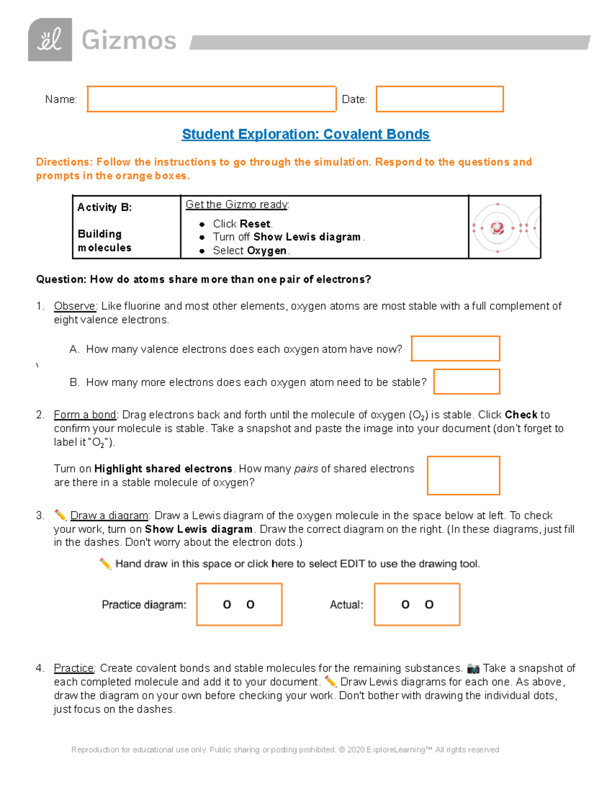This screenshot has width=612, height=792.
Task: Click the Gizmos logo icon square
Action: pos(49,40)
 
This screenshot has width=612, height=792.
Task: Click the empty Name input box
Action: pos(212,99)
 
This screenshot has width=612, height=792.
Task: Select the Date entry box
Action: pos(440,99)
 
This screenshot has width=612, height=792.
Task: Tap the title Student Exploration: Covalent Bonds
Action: pos(305,134)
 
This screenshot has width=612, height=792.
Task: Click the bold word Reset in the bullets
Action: pos(256,224)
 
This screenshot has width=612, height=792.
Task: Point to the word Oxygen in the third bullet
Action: pos(267,251)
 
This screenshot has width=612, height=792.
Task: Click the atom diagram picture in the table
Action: pos(504,227)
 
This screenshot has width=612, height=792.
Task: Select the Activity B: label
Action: pos(105,208)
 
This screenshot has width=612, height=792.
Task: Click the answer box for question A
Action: pos(455,349)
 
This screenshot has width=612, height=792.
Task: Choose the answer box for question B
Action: pos(467,382)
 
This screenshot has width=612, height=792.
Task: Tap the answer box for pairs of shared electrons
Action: pos(464,475)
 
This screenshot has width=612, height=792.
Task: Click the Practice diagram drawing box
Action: pos(239,604)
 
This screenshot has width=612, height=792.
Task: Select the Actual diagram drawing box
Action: pos(417,604)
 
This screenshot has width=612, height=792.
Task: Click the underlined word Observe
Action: pos(74,306)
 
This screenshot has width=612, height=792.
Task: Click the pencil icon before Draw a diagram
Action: pos(60,515)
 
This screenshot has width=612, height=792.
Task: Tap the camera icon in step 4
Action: pos(473,669)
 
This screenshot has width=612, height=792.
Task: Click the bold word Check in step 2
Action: pos(521,415)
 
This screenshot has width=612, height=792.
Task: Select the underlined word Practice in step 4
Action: pos(74,669)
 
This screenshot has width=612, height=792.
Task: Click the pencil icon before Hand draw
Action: pos(106,564)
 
